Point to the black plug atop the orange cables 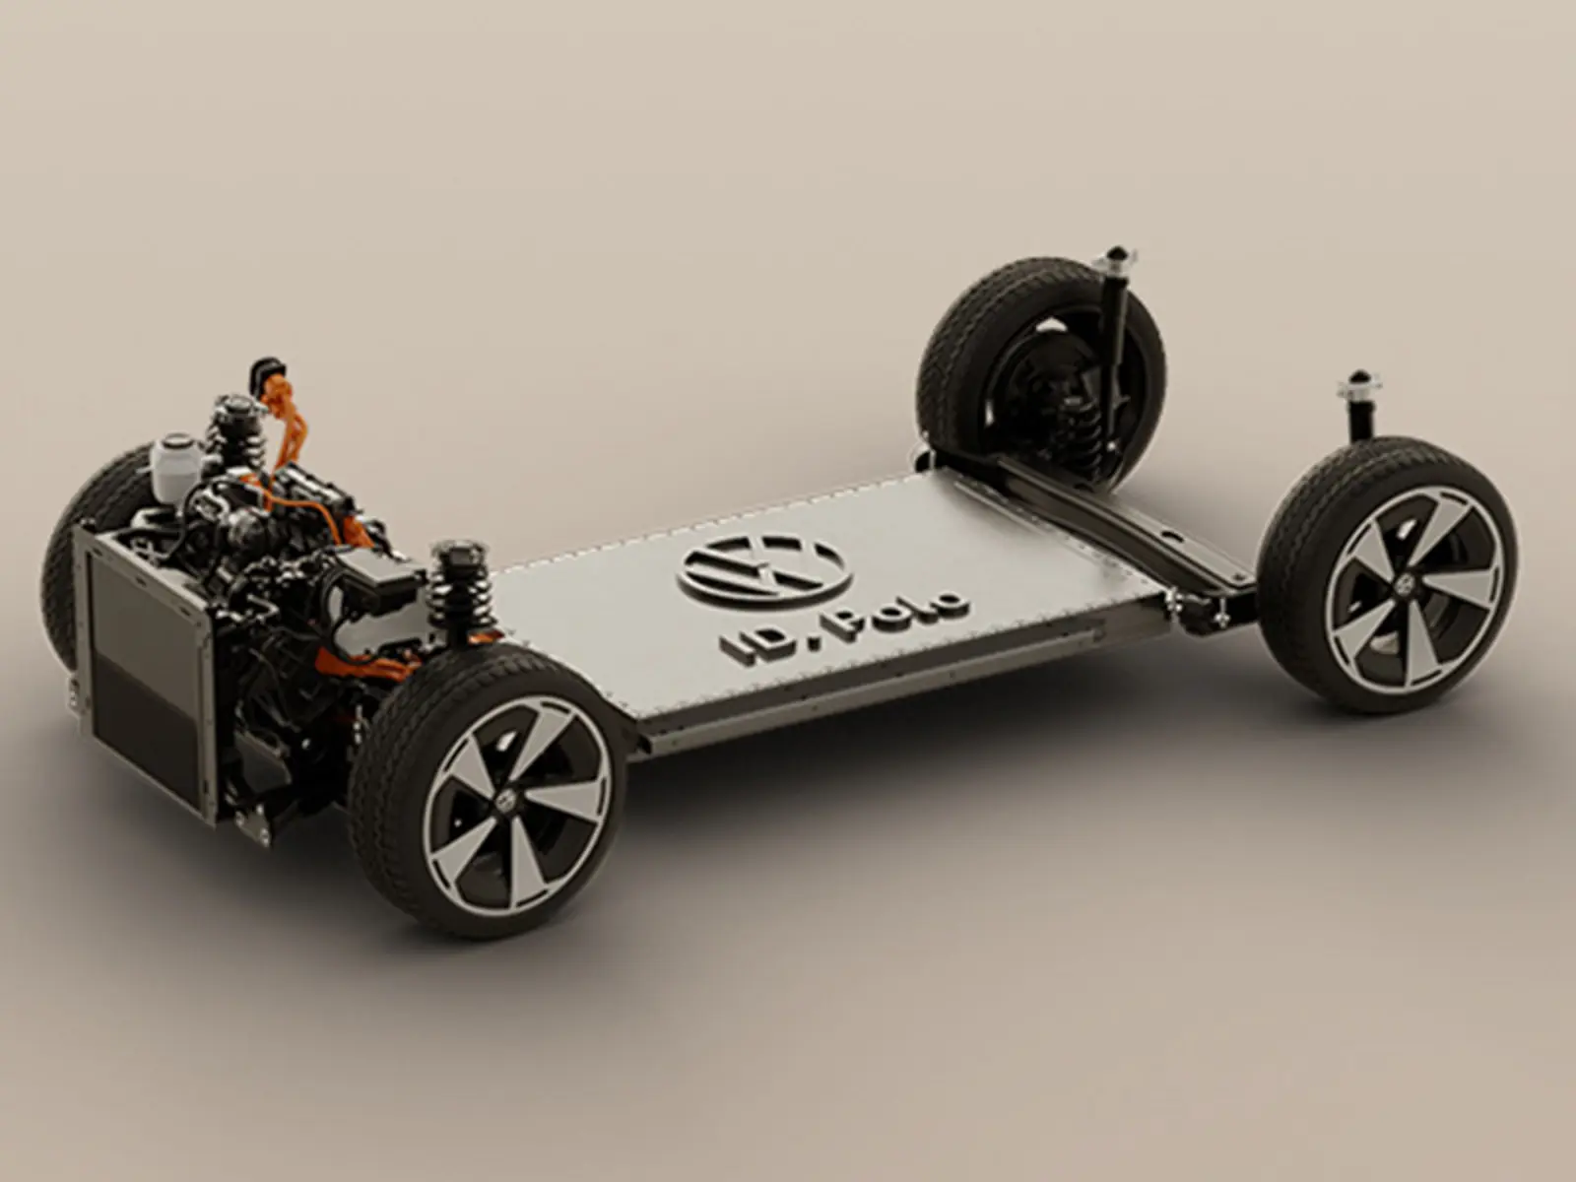(x=267, y=370)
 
